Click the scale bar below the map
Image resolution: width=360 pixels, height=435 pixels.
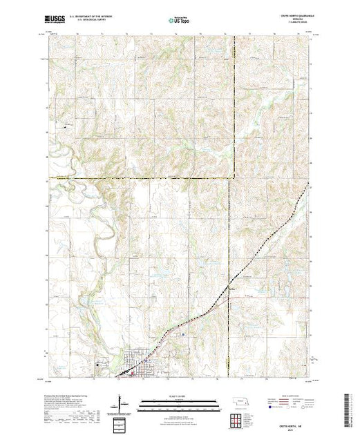(x=179, y=401)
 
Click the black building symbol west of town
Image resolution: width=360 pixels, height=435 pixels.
(x=100, y=365)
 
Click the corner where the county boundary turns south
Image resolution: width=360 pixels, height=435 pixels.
(x=231, y=178)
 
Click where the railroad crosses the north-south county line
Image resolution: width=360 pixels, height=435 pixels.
(x=231, y=284)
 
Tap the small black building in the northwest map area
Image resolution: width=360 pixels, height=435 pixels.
(x=67, y=126)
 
